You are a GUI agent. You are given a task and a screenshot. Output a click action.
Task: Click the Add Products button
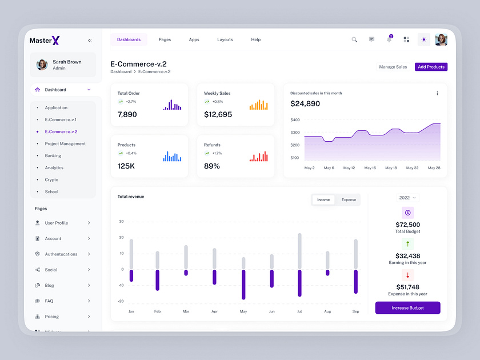(x=431, y=67)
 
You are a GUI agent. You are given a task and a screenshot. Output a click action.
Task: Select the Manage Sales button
(x=393, y=67)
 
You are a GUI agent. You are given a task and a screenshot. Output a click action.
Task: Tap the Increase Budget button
(x=407, y=308)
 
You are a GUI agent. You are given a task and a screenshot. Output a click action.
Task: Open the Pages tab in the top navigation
(x=165, y=39)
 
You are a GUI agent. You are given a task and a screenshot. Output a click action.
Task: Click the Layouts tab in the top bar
(x=225, y=39)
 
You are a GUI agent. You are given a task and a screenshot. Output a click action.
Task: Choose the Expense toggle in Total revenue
(x=349, y=200)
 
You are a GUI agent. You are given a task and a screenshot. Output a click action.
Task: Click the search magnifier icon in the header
(x=354, y=39)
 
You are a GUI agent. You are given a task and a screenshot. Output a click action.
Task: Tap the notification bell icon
(x=389, y=39)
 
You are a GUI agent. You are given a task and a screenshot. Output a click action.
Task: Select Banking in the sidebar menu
(x=53, y=155)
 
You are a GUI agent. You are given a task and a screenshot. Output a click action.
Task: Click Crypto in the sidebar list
(x=51, y=179)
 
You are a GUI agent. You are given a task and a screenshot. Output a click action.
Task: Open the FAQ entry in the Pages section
(x=49, y=301)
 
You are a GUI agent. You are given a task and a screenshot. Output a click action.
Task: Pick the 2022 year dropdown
(x=407, y=198)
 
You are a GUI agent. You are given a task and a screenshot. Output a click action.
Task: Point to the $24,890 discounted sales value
(x=305, y=104)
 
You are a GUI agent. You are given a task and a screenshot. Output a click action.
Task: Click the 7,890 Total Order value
(x=127, y=114)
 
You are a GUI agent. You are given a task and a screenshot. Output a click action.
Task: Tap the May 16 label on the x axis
(x=370, y=168)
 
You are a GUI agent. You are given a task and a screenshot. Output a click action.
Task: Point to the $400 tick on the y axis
(x=295, y=120)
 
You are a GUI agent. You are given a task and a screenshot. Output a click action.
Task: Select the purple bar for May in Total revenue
(x=243, y=285)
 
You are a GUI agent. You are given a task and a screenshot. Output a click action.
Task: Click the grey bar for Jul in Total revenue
(x=299, y=251)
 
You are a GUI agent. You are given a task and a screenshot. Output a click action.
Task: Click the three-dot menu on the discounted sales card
(x=437, y=93)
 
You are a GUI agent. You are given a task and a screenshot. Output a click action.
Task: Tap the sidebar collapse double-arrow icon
(x=90, y=41)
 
